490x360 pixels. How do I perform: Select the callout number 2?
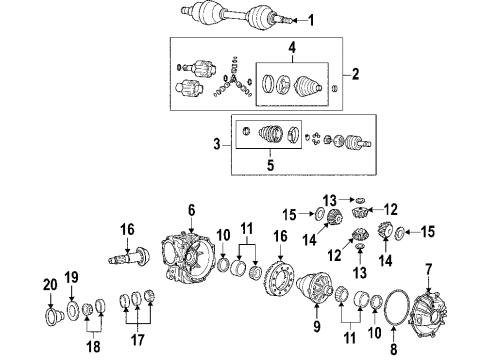354,74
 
